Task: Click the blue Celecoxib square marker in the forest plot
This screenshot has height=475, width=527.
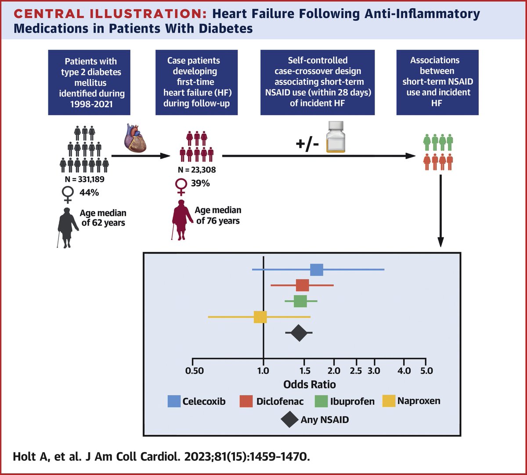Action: click(317, 270)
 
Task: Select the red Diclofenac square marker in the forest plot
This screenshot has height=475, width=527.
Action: click(302, 285)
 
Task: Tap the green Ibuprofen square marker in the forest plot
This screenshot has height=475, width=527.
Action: click(300, 301)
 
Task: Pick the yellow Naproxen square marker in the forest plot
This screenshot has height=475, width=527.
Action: click(260, 316)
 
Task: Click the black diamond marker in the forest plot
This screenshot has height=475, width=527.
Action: click(299, 333)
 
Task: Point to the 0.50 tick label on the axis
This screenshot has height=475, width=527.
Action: click(195, 371)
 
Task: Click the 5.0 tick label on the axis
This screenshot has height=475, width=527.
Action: click(426, 371)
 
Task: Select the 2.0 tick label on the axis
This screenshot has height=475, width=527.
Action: click(334, 371)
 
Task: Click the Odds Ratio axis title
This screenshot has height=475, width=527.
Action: click(309, 384)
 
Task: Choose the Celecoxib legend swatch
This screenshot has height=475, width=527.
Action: click(174, 401)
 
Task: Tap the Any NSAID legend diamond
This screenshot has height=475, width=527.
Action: click(289, 420)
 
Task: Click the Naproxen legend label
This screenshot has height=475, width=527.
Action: click(419, 401)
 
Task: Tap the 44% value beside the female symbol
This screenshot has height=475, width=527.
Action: click(89, 192)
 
